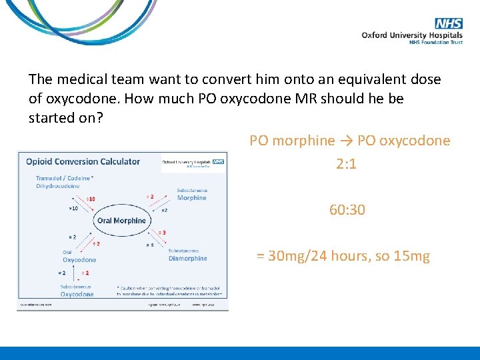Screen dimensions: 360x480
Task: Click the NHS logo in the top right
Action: [x=449, y=23]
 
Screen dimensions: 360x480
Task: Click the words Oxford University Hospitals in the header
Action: [x=412, y=35]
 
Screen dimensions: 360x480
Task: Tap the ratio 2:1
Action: [x=347, y=164]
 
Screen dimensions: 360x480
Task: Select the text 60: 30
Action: [x=347, y=210]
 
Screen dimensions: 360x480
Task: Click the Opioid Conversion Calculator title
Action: [x=83, y=161]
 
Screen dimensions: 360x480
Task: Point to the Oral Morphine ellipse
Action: [x=121, y=221]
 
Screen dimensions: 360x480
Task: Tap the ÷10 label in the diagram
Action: [x=90, y=199]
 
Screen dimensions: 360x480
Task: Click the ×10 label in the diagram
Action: [x=73, y=208]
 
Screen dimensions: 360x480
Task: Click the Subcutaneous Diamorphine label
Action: [x=187, y=255]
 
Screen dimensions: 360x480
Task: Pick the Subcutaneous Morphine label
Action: [x=192, y=195]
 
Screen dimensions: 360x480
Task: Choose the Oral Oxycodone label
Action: [x=79, y=257]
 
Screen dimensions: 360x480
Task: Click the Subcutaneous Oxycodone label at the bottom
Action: [x=77, y=291]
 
